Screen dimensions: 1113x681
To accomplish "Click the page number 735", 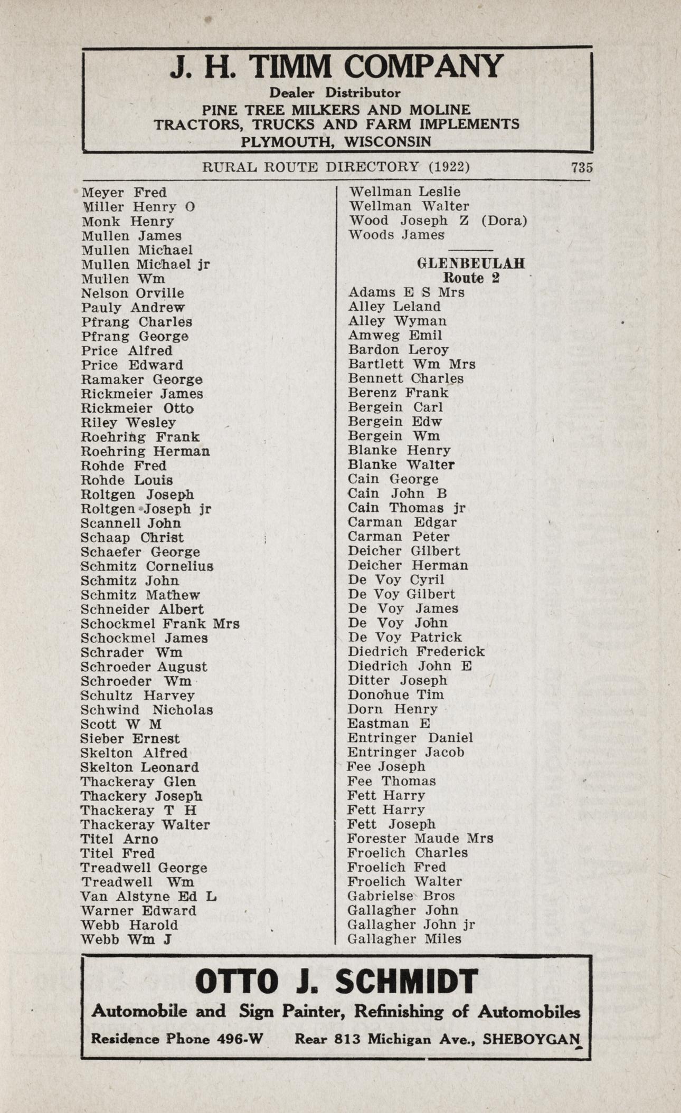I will [582, 167].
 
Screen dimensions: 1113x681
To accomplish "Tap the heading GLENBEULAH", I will [471, 263].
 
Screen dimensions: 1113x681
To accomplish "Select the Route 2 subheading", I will [471, 278].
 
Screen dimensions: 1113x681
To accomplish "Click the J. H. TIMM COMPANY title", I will [336, 68].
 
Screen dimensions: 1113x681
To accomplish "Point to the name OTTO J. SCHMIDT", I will [336, 982].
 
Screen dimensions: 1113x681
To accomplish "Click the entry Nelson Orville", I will [133, 293].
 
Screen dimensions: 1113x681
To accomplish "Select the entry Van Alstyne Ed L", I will [148, 896].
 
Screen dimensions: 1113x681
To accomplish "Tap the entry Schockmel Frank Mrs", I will [160, 624].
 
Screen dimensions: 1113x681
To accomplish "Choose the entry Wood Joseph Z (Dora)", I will [438, 221].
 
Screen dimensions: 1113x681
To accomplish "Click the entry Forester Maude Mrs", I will [420, 838].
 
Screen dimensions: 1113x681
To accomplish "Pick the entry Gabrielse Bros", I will [401, 896].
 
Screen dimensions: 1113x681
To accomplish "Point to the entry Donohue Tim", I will [395, 695].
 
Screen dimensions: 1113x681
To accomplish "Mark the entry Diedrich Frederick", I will [416, 651].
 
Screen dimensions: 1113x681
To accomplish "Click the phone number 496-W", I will [240, 1039].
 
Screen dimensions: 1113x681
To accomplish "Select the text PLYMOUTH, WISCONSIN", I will [336, 141].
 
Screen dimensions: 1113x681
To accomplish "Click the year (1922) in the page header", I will [449, 167].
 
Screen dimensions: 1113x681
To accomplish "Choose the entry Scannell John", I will [131, 523].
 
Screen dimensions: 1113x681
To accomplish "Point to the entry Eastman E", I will [389, 723].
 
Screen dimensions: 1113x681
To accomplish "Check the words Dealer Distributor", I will [335, 93].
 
